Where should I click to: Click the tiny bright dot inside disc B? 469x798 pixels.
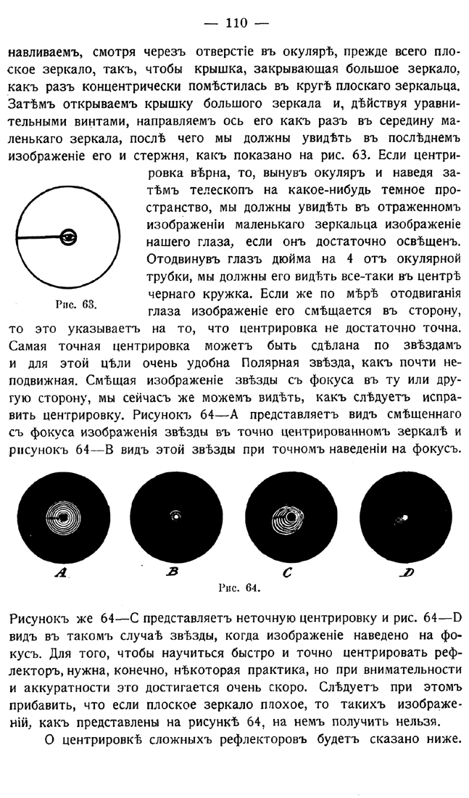pyautogui.click(x=175, y=517)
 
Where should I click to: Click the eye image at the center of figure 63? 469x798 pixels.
pyautogui.click(x=70, y=236)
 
